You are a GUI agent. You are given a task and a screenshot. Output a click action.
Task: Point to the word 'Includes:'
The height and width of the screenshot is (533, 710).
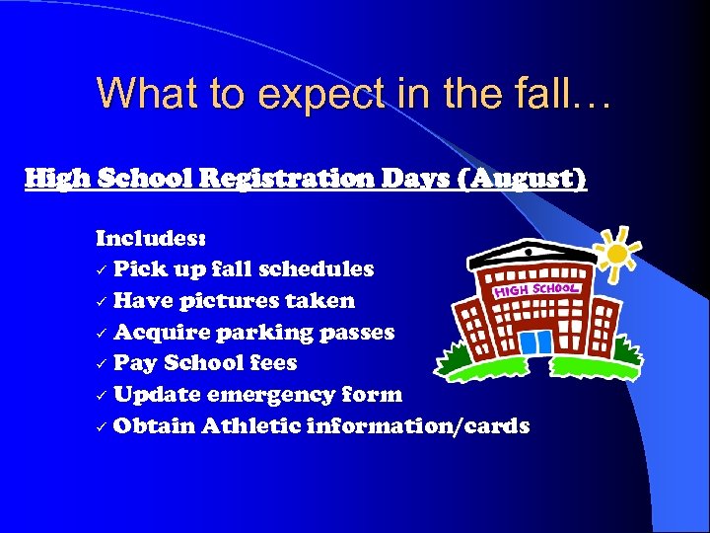coord(151,238)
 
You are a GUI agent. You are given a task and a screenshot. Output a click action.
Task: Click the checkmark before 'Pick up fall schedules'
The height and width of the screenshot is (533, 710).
coord(102,269)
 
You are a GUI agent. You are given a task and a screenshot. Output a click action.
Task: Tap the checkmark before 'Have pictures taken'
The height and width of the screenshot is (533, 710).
coord(102,301)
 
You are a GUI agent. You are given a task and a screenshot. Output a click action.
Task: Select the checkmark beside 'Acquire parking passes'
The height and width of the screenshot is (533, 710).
coord(102,333)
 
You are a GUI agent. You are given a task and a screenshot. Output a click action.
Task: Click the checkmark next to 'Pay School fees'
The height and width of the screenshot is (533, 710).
coord(102,363)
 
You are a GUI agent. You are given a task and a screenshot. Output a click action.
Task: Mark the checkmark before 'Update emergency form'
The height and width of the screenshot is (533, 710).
coord(102,395)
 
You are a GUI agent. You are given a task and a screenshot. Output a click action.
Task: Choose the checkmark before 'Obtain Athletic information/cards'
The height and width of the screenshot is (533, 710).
coord(102,426)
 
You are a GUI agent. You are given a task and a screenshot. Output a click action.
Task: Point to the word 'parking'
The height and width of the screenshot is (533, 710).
coord(270,333)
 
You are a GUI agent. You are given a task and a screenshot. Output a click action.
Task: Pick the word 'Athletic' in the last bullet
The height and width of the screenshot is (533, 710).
coord(252,426)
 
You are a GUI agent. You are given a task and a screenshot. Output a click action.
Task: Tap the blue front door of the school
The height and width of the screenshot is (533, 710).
coord(536,342)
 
